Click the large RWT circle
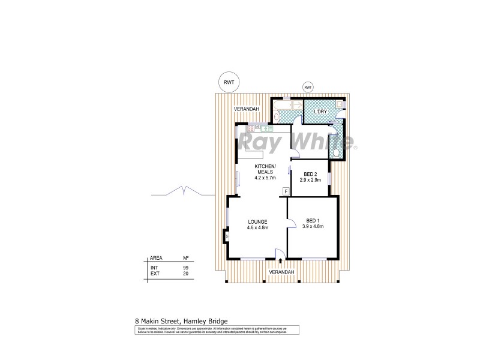[229, 83]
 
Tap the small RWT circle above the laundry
[308, 88]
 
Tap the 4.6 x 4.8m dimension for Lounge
[257, 228]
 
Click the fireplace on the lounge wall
[227, 236]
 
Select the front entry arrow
[281, 262]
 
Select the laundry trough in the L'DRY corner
[340, 104]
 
